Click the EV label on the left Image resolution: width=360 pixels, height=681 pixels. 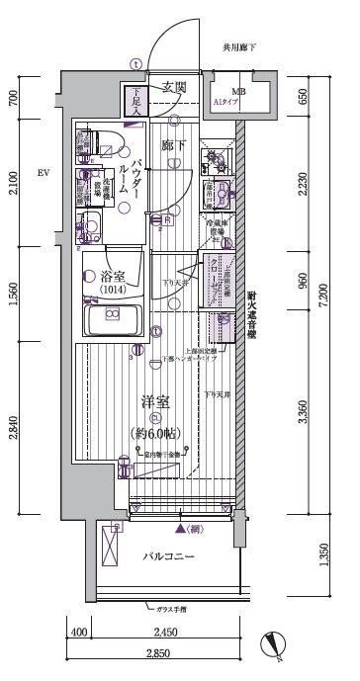(x=43, y=174)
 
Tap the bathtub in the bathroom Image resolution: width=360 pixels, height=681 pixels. (x=112, y=319)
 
